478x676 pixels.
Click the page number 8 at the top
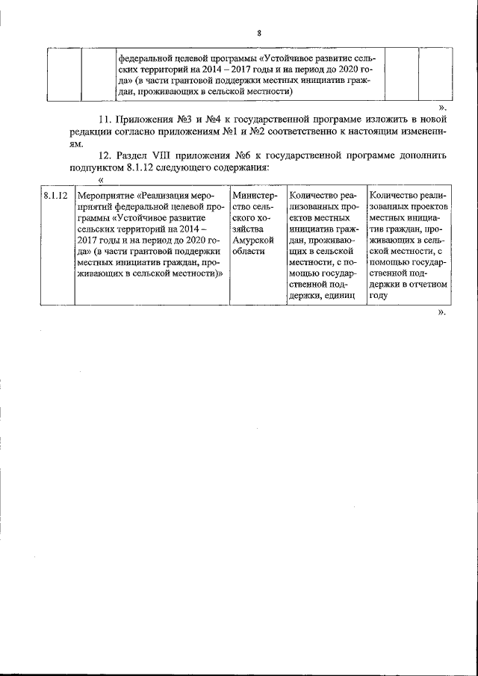[x=258, y=34]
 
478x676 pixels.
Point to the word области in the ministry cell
[x=249, y=252]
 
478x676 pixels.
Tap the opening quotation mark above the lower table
[x=101, y=180]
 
